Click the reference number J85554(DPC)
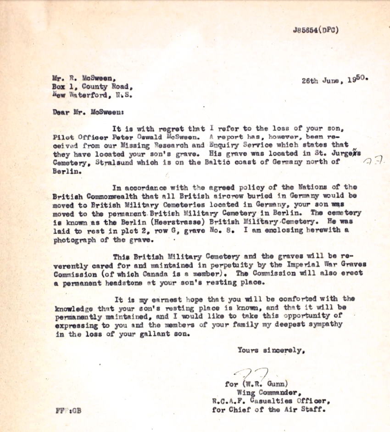315,30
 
